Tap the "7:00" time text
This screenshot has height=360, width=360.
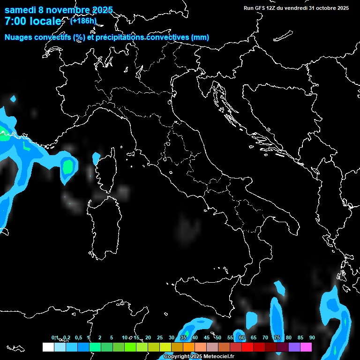click(15, 22)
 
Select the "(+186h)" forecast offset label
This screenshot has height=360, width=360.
click(83, 21)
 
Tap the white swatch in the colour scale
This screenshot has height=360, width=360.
click(48, 347)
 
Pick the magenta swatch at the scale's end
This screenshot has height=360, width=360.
click(306, 347)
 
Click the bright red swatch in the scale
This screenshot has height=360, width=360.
click(247, 347)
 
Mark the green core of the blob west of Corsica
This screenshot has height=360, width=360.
click(69, 166)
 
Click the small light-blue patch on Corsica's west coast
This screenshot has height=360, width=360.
click(97, 158)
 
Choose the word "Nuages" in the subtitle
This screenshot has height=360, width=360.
click(19, 37)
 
